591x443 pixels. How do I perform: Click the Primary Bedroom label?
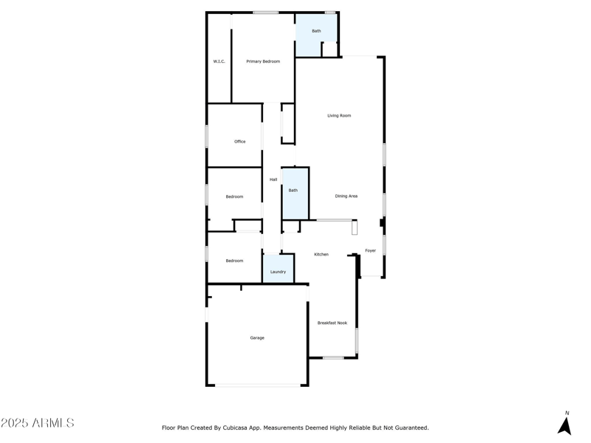[263, 61]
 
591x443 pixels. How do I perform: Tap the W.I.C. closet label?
[219, 61]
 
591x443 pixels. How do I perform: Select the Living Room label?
[339, 115]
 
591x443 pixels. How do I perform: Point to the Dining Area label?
[346, 196]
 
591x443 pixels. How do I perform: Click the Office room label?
[239, 141]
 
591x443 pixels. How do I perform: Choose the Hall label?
[273, 179]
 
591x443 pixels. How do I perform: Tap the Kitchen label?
[321, 254]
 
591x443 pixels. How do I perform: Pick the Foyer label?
[370, 250]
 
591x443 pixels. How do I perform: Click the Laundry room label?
[278, 272]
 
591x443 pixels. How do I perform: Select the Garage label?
[256, 337]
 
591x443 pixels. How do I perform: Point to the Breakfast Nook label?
[332, 323]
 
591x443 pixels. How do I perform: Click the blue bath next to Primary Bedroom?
[316, 31]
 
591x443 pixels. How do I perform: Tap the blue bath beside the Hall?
[293, 190]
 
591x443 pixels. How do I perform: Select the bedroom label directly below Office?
[234, 196]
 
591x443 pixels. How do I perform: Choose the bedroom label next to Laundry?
[234, 261]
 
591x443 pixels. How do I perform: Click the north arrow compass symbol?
[564, 426]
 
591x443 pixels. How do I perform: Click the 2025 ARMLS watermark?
[38, 423]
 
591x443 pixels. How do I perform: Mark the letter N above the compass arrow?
[567, 413]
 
